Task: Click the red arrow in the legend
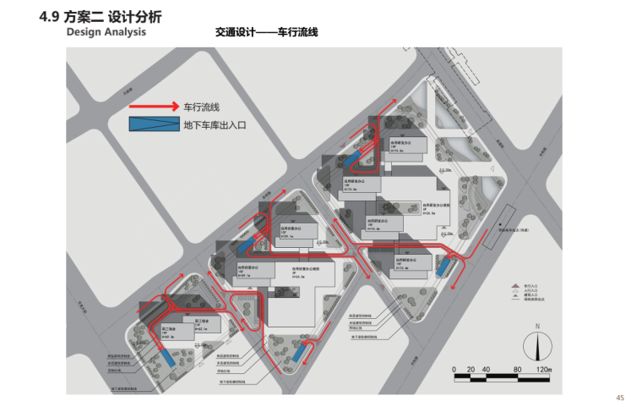[x=155, y=107]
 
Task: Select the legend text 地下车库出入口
[x=214, y=125]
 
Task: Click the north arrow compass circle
[x=536, y=345]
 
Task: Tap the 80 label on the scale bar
[x=515, y=370]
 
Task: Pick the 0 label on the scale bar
[x=454, y=370]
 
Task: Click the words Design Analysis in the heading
[x=106, y=32]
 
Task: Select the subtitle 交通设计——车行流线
[x=267, y=32]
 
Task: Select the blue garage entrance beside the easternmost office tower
[x=443, y=267]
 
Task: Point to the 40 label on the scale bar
[x=485, y=370]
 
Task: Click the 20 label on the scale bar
[x=470, y=370]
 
